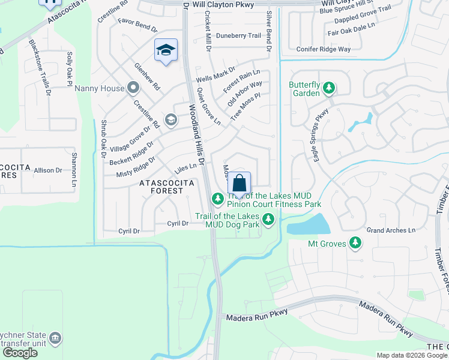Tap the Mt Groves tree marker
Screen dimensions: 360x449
pyautogui.click(x=356, y=242)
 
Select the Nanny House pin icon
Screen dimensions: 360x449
pyautogui.click(x=133, y=89)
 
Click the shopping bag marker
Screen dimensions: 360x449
pyautogui.click(x=239, y=183)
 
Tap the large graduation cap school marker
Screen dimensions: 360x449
pyautogui.click(x=166, y=50)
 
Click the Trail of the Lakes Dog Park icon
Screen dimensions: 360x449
pyautogui.click(x=268, y=220)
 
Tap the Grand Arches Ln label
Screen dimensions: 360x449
pyautogui.click(x=391, y=230)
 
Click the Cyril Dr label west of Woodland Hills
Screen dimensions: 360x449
pyautogui.click(x=128, y=231)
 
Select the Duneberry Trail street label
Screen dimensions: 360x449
pyautogui.click(x=238, y=35)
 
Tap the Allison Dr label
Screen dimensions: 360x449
pyautogui.click(x=48, y=170)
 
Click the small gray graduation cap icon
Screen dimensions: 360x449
pyautogui.click(x=170, y=120)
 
